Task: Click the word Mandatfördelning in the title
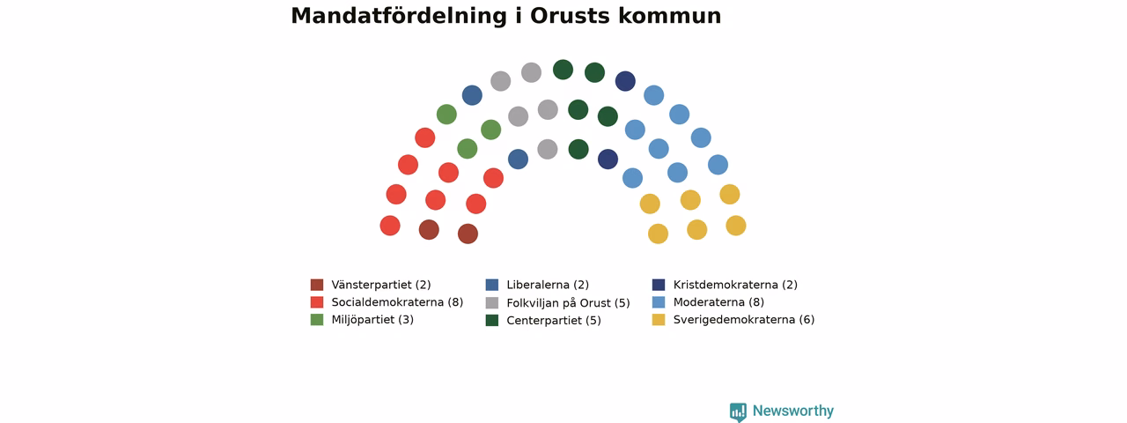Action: (399, 16)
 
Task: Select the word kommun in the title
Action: (670, 16)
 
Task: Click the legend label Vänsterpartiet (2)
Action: (381, 285)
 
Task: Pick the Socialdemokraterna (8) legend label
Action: (397, 302)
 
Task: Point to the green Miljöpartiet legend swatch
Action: (317, 320)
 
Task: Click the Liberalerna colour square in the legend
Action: (492, 285)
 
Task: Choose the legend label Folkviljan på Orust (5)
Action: (568, 303)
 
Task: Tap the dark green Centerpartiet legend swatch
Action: (492, 320)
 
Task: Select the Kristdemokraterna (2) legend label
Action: (735, 285)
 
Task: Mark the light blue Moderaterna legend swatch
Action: (659, 302)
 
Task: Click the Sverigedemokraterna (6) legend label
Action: (744, 320)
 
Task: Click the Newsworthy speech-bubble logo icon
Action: (738, 412)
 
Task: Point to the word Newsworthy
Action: (793, 411)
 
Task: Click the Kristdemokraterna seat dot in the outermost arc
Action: (625, 81)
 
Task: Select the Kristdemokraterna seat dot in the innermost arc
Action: (608, 160)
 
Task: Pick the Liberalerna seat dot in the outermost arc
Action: (472, 95)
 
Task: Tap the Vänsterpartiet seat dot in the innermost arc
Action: (468, 234)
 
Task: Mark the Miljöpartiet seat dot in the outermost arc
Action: (446, 115)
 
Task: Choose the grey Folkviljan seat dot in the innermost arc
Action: (548, 149)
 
